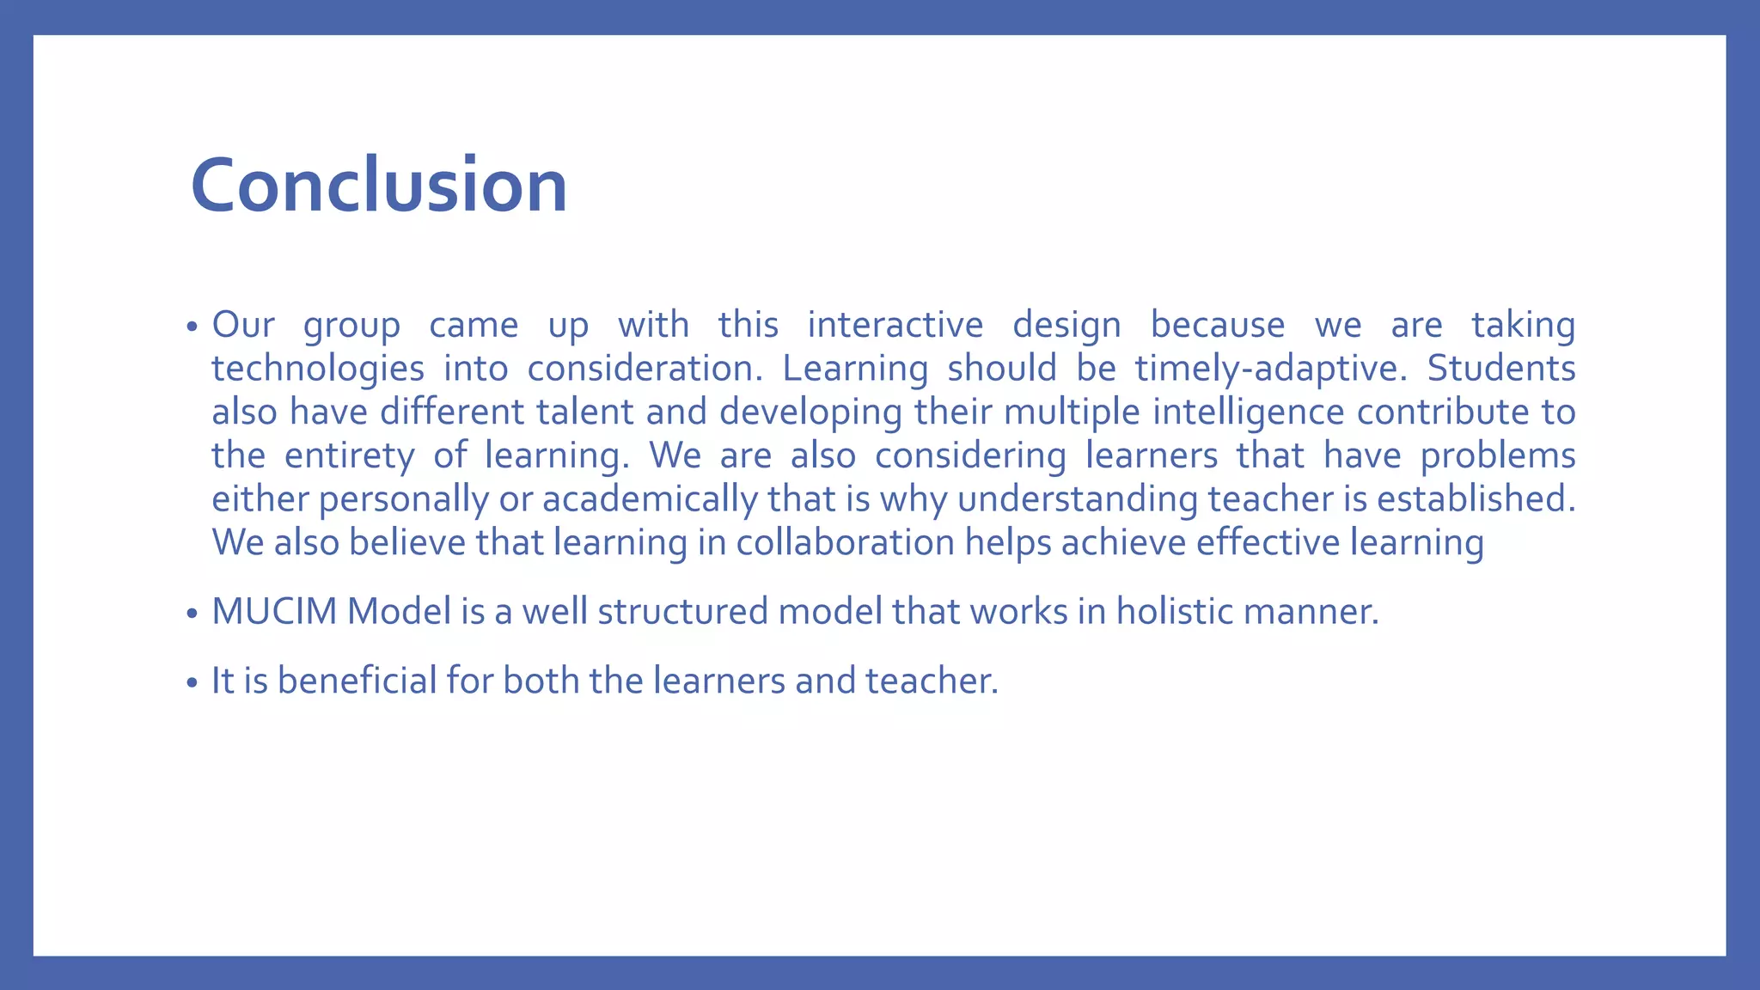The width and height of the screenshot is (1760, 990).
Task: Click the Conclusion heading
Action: coord(379,185)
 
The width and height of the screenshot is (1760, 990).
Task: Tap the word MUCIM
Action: coord(274,612)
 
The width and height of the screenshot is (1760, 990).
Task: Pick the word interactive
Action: coord(895,326)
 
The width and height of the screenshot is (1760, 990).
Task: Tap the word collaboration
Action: coord(845,543)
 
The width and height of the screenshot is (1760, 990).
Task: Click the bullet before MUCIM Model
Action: coord(192,614)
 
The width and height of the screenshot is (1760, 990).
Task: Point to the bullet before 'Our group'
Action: coord(192,327)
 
